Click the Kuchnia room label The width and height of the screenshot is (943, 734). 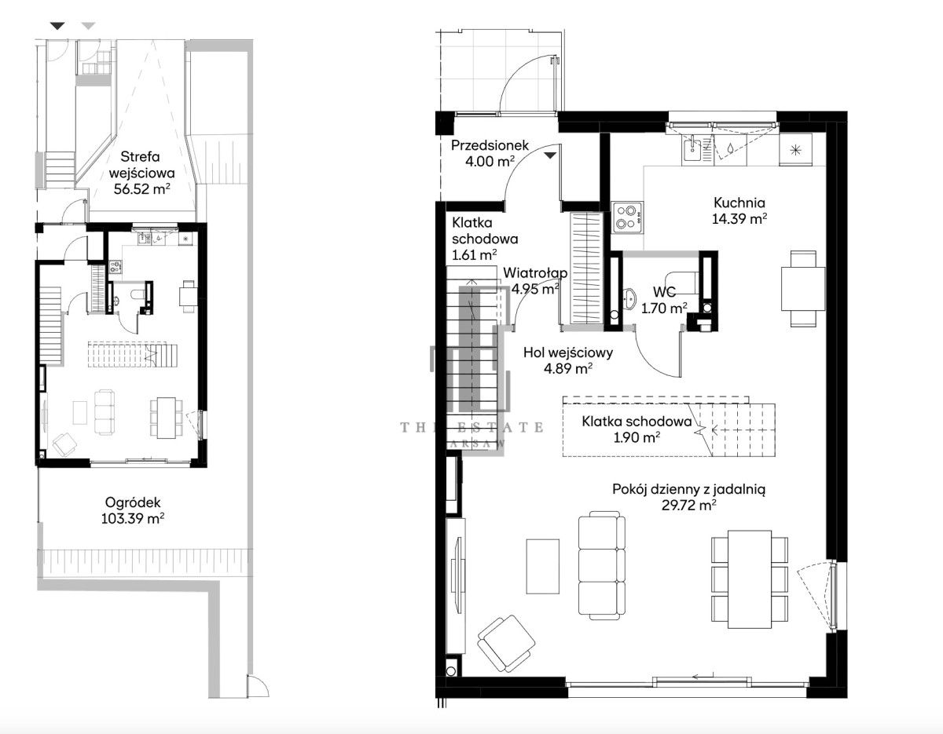tap(739, 203)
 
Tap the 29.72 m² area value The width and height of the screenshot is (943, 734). tap(688, 506)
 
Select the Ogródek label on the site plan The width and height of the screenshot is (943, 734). tap(133, 502)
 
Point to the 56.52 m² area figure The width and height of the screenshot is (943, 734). tap(142, 189)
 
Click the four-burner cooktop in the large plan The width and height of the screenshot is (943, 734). tap(627, 217)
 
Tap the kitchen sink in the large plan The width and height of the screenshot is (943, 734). tap(692, 148)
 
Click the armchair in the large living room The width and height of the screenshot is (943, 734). tap(505, 640)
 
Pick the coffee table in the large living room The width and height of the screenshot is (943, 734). tap(542, 566)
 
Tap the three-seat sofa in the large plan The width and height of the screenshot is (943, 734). tap(602, 565)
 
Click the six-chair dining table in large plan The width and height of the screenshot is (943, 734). tap(750, 579)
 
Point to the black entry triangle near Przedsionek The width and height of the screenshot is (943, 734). tap(550, 155)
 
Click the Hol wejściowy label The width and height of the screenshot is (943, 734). tap(568, 352)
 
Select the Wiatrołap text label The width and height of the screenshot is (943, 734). tap(535, 272)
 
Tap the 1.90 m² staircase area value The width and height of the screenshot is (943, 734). tap(637, 437)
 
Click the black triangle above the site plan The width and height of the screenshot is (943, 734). tap(57, 26)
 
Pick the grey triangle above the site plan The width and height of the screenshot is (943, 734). tap(89, 26)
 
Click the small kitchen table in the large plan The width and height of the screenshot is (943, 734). tap(803, 289)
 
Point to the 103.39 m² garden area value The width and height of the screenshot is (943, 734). tap(133, 519)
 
